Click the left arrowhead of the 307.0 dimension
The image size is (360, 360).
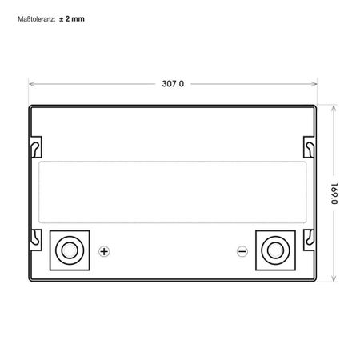point(32,82)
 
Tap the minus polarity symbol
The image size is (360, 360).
point(242,251)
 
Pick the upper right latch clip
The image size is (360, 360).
point(309,147)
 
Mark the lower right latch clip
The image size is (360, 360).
point(309,236)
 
